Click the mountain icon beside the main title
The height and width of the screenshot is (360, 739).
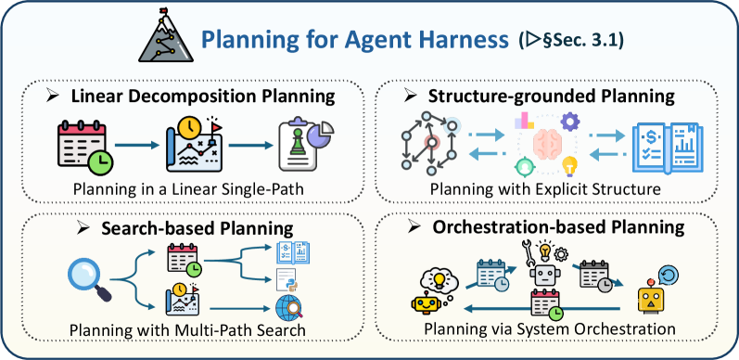tap(166, 36)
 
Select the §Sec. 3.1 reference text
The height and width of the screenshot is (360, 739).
tap(584, 41)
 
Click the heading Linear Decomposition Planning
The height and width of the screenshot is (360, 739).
tap(203, 96)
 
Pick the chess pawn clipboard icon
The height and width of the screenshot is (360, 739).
tap(305, 145)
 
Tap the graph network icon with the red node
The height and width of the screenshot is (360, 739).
tap(430, 142)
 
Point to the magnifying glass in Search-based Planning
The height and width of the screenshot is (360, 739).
tap(91, 281)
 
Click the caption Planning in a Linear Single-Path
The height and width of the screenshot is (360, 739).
tap(187, 189)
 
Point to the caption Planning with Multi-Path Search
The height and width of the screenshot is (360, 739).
tap(187, 329)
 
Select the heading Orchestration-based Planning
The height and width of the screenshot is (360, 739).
tap(558, 227)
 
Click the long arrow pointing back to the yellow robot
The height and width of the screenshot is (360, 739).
tap(542, 309)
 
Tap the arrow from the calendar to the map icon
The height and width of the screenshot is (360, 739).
tap(137, 146)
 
